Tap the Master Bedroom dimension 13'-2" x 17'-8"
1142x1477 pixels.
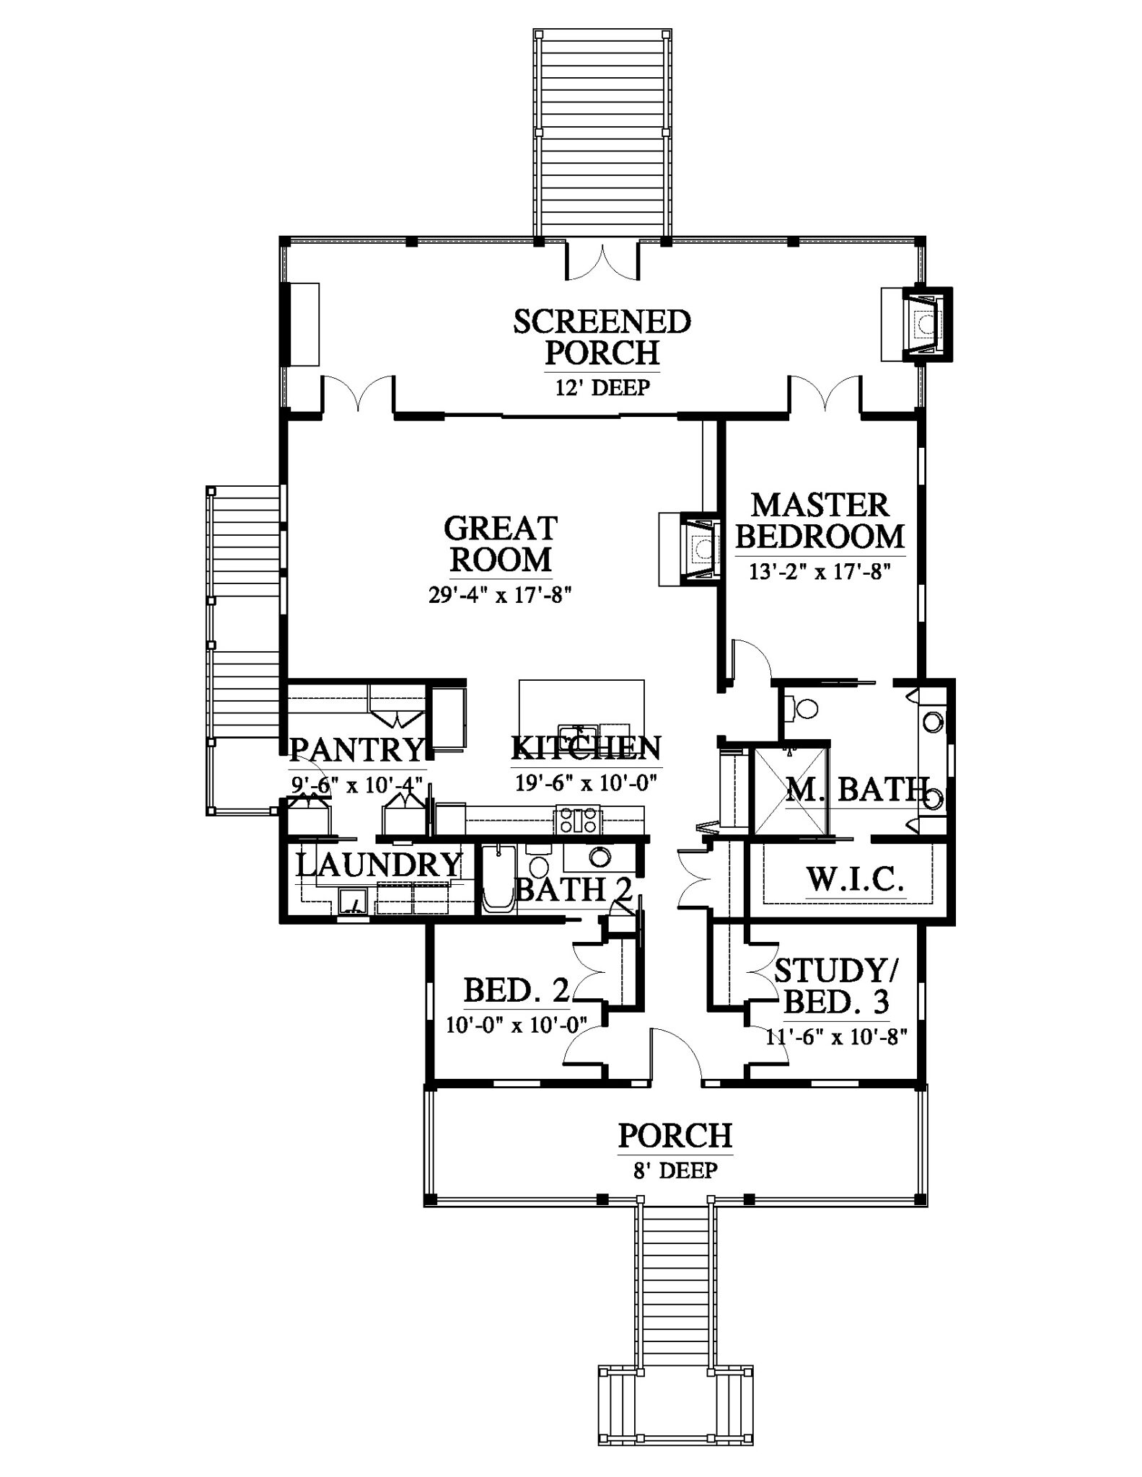tap(820, 573)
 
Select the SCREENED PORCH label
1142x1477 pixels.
tap(602, 337)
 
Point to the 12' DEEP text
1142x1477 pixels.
tap(602, 388)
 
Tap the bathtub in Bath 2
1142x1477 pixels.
tap(498, 880)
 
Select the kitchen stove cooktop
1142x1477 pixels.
tap(577, 820)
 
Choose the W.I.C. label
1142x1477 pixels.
tap(855, 880)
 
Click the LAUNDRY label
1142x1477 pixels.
tap(379, 864)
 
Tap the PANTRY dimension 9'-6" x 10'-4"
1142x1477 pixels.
tap(356, 784)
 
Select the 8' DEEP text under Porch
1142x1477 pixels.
tap(675, 1170)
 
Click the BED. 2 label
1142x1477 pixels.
tap(517, 990)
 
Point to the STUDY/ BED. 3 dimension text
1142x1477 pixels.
tap(836, 1036)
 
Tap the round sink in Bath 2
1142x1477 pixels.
tap(597, 857)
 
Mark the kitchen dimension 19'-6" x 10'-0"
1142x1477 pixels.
tap(587, 782)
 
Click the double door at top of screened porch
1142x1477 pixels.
tap(602, 261)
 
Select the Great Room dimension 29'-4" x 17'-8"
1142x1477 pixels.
tap(501, 597)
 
